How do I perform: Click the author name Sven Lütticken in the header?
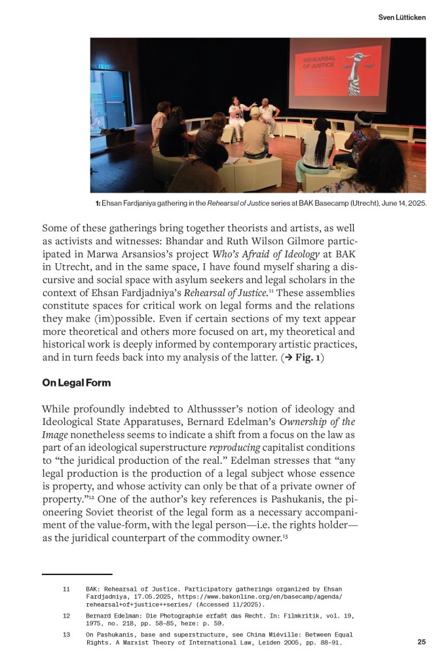point(401,17)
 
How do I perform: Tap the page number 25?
point(421,642)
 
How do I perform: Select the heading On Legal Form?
point(76,382)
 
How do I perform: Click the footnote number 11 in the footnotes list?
point(66,589)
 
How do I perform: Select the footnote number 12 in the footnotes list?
point(66,616)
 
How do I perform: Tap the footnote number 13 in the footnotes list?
point(66,634)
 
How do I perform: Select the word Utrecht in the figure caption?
point(354,203)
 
